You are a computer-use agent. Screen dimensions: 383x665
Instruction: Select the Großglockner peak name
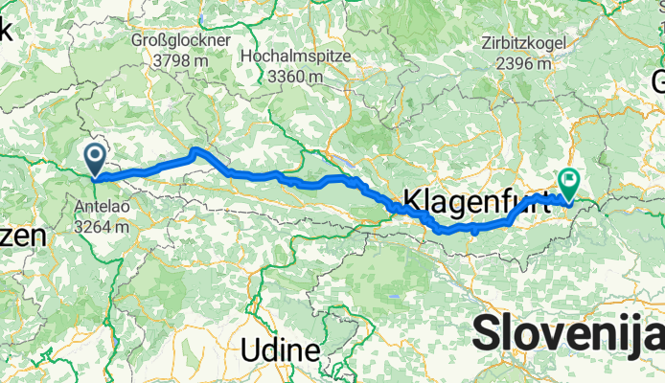[183, 42]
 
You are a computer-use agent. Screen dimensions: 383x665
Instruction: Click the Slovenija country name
[567, 336]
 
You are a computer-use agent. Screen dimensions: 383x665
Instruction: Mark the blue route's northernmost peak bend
[196, 150]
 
